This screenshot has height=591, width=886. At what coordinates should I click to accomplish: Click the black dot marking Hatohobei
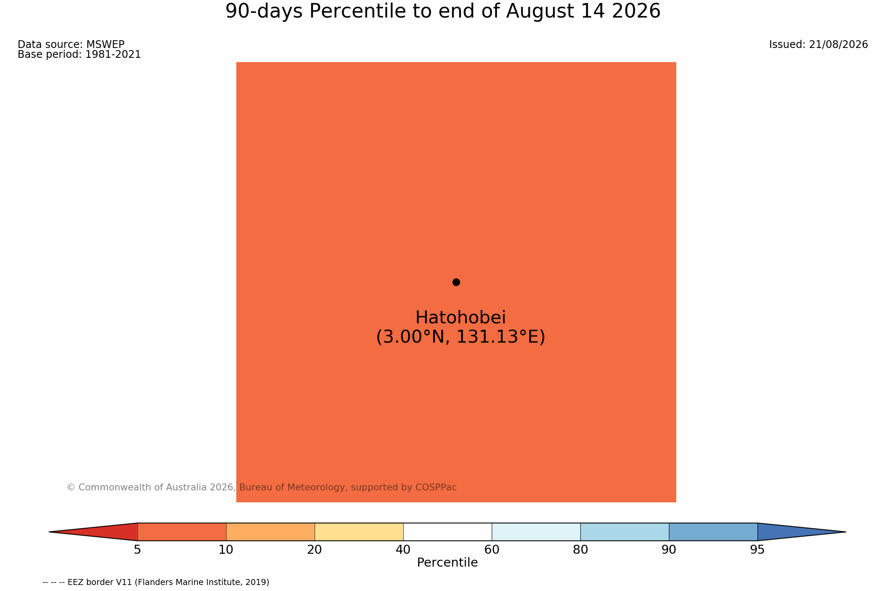(456, 282)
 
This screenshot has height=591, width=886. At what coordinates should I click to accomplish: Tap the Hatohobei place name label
(461, 318)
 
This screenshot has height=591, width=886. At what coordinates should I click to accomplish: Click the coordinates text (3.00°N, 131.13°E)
(461, 337)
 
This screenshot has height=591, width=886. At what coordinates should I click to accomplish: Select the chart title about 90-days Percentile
(443, 12)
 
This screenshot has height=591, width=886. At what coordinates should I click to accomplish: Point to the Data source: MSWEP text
(71, 45)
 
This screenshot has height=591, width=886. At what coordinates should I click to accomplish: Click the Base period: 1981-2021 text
(79, 54)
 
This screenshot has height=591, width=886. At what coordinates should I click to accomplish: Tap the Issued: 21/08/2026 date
(818, 45)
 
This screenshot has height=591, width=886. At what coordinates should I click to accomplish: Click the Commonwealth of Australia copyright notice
(262, 487)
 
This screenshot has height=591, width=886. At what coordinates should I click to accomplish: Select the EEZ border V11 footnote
(156, 582)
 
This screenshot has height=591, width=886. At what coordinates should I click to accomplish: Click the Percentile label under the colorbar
(447, 563)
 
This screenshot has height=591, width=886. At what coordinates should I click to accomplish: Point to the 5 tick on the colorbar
(137, 550)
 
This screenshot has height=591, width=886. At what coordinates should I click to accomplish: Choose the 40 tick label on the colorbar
(403, 550)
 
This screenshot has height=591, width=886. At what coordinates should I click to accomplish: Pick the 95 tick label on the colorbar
(758, 550)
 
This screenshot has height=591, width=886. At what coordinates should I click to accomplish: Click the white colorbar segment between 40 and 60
(447, 532)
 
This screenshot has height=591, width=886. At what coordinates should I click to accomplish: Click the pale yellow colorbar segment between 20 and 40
(359, 532)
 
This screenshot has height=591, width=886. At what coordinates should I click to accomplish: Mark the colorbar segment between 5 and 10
(181, 532)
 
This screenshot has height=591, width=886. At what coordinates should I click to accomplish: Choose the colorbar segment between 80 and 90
(624, 532)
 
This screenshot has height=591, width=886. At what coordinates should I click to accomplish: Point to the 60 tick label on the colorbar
(492, 550)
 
